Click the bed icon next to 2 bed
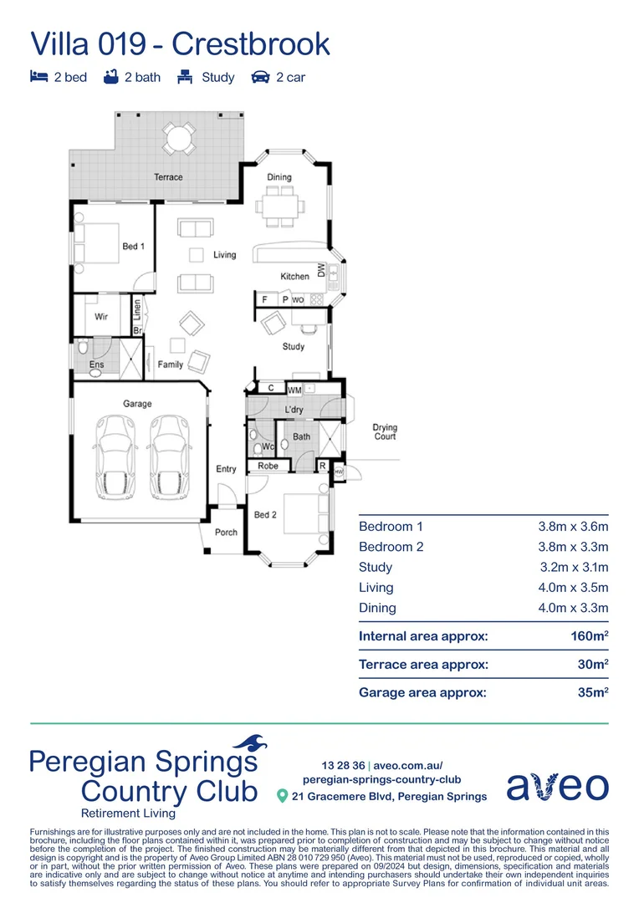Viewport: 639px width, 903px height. pyautogui.click(x=38, y=77)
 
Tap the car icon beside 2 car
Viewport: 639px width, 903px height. pyautogui.click(x=260, y=77)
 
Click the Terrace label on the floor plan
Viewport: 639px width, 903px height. pyautogui.click(x=168, y=177)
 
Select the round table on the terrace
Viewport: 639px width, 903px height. pyautogui.click(x=176, y=137)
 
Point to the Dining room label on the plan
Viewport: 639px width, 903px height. pyautogui.click(x=279, y=177)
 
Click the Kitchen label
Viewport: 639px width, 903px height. pyautogui.click(x=294, y=277)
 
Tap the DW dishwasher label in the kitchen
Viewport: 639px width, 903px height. pyautogui.click(x=320, y=270)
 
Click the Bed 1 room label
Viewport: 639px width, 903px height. pyautogui.click(x=134, y=247)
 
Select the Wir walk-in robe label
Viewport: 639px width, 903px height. pyautogui.click(x=101, y=317)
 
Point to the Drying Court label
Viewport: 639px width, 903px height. pyautogui.click(x=385, y=432)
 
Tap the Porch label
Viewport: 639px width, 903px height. pyautogui.click(x=226, y=533)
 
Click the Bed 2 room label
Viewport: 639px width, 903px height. pyautogui.click(x=264, y=514)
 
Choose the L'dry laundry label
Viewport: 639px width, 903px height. pyautogui.click(x=294, y=410)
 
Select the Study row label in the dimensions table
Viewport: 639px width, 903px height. pyautogui.click(x=376, y=568)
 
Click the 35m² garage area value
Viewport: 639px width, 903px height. pyautogui.click(x=591, y=692)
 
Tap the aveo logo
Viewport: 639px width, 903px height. pyautogui.click(x=558, y=786)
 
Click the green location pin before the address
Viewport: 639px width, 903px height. pyautogui.click(x=283, y=796)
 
